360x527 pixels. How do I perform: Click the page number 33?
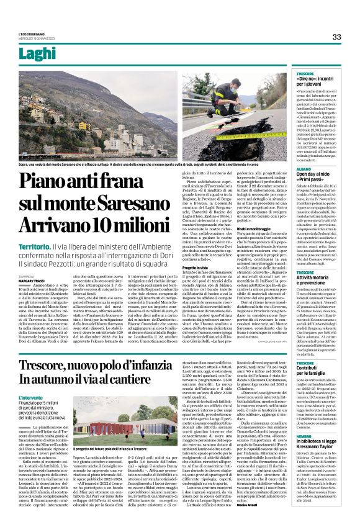[337, 37]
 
